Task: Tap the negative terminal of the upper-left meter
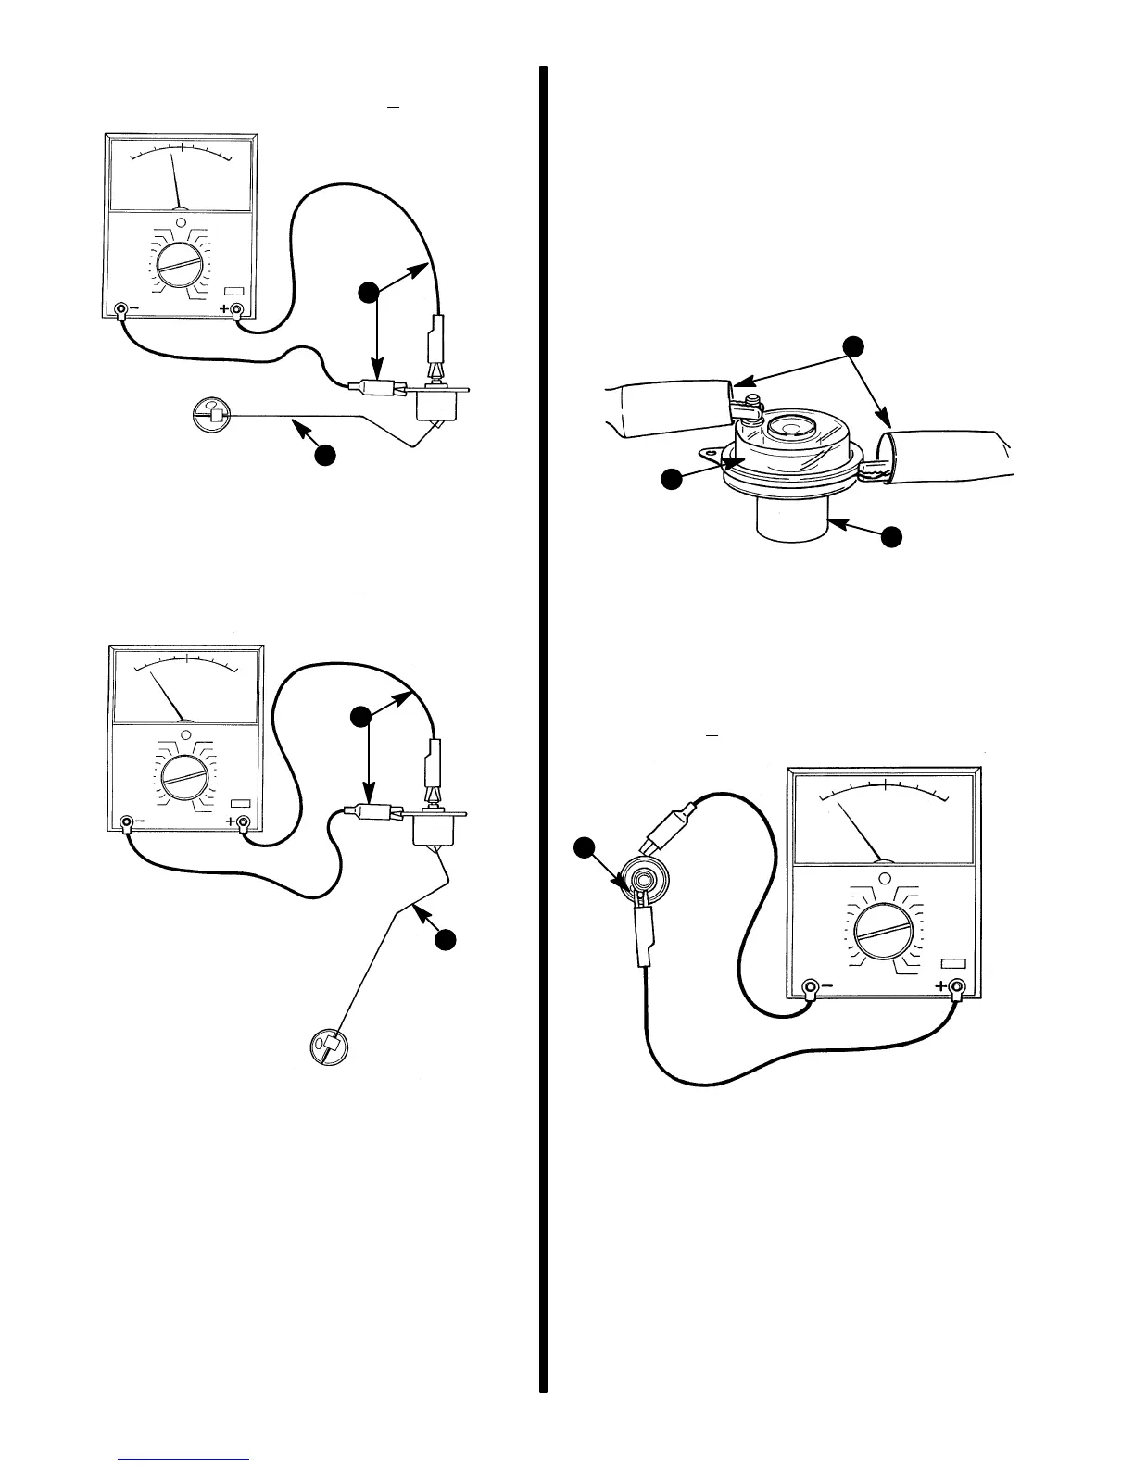[x=121, y=309]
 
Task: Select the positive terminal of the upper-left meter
[x=237, y=309]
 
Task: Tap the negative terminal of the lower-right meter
[x=810, y=985]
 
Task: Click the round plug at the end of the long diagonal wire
[x=329, y=1047]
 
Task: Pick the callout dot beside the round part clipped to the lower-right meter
[x=584, y=847]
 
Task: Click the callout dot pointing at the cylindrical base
[x=890, y=537]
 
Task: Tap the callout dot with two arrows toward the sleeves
[x=854, y=346]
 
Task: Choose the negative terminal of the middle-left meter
[x=128, y=821]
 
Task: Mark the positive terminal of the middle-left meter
[x=244, y=821]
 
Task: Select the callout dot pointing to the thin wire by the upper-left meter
[x=324, y=455]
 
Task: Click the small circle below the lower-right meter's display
[x=884, y=879]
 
